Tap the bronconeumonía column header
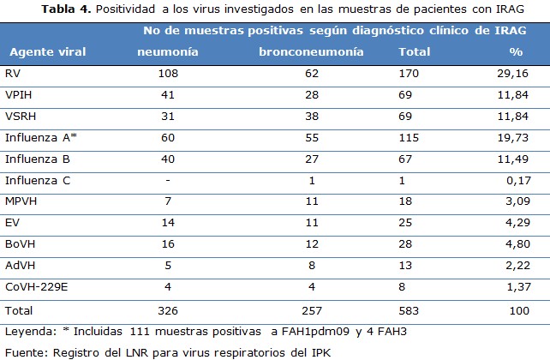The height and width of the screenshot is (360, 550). pyautogui.click(x=311, y=51)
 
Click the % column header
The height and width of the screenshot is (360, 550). pyautogui.click(x=515, y=51)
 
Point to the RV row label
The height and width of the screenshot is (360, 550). pyautogui.click(x=13, y=74)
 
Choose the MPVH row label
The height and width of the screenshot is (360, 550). pyautogui.click(x=21, y=201)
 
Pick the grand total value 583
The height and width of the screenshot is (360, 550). pyautogui.click(x=408, y=309)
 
